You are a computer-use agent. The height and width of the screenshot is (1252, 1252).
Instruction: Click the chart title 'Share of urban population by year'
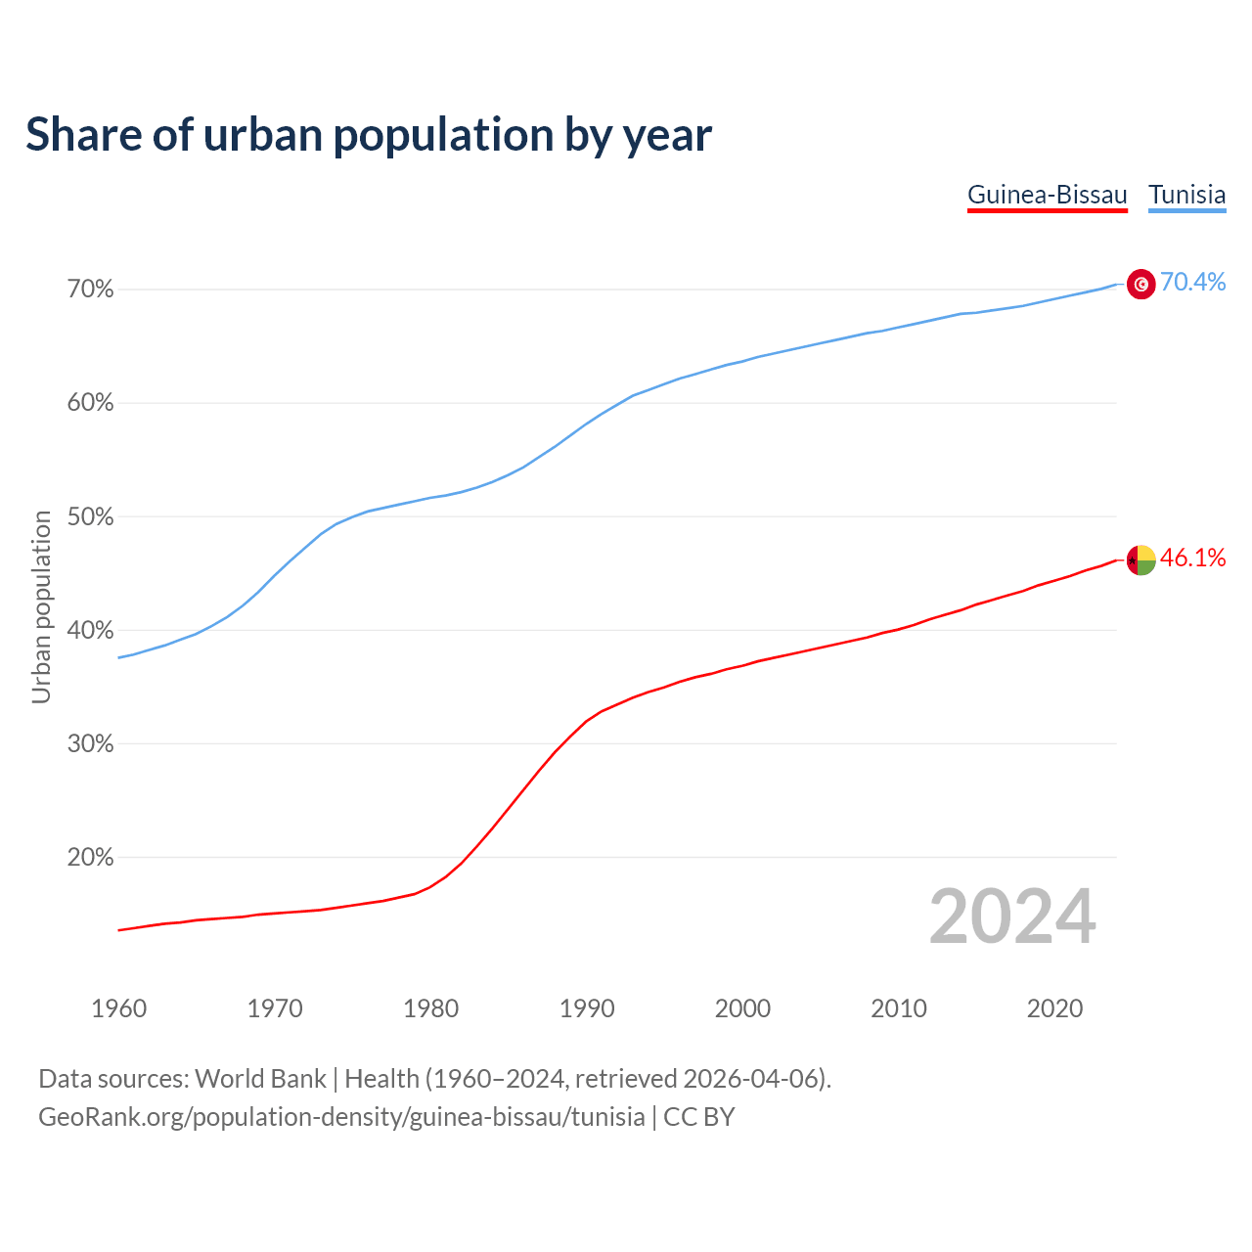click(369, 135)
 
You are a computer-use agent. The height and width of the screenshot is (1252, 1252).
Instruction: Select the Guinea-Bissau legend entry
click(1047, 195)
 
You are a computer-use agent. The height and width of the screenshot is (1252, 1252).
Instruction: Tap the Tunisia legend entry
click(1186, 195)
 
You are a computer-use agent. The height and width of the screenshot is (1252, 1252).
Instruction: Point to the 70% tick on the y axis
click(91, 290)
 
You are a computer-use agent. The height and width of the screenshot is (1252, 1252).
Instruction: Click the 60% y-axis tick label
click(91, 403)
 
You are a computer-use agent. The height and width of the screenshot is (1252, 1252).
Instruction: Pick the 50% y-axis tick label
click(91, 516)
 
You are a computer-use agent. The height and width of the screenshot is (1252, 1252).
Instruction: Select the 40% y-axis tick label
click(91, 630)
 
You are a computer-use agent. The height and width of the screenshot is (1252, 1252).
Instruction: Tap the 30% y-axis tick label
click(91, 743)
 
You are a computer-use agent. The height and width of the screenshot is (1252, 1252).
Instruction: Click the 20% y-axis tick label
click(91, 858)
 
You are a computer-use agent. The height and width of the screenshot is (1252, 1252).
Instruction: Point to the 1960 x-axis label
click(118, 1008)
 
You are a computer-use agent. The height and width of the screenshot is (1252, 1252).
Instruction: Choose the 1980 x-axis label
click(430, 1008)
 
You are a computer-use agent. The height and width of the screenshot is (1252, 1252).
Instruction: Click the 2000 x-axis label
click(742, 1008)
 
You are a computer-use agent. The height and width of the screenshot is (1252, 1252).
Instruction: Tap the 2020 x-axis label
click(1054, 1008)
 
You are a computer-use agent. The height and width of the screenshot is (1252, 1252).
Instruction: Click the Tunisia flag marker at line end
click(1141, 284)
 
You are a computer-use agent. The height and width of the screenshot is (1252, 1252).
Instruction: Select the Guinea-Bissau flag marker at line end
click(1141, 560)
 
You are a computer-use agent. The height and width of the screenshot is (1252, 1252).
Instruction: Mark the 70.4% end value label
click(1192, 282)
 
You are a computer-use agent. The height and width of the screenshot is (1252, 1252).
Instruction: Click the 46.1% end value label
click(1192, 558)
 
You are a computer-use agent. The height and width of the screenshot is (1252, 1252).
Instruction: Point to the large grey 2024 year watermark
click(1012, 917)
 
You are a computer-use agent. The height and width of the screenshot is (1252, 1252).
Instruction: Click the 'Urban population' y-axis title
click(41, 606)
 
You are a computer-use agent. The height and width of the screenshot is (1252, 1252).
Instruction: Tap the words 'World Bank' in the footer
click(260, 1079)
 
